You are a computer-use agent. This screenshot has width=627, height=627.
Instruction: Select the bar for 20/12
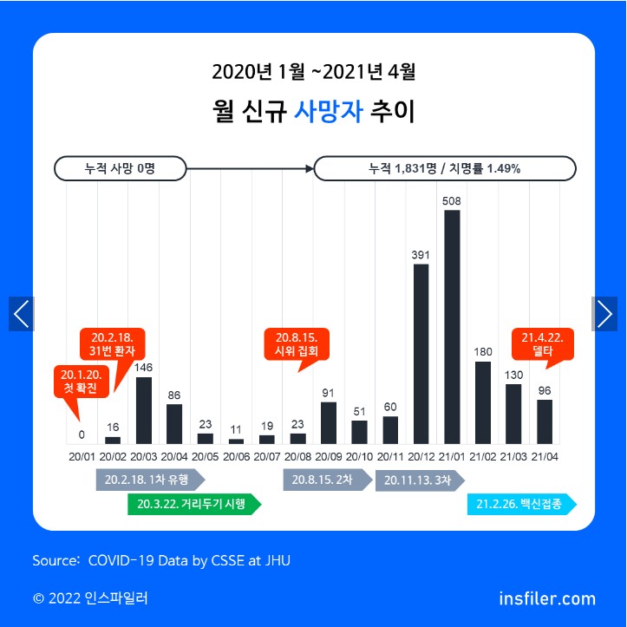(421, 354)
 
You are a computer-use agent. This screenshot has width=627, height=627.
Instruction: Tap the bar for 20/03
(144, 410)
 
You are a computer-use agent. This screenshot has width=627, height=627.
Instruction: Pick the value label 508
(452, 201)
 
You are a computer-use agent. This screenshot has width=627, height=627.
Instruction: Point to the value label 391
(421, 256)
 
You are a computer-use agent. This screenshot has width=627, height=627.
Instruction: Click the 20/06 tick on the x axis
(236, 455)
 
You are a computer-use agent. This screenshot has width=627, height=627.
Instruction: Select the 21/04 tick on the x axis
(544, 455)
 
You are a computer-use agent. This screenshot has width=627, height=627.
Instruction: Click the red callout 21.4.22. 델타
(542, 344)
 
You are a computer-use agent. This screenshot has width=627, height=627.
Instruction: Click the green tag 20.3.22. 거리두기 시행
(193, 505)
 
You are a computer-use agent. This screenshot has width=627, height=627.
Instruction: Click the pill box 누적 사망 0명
(121, 168)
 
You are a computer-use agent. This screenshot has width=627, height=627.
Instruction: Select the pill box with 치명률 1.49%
(444, 168)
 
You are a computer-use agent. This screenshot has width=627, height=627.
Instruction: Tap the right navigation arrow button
(604, 314)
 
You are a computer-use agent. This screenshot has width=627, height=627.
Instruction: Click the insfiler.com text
(547, 598)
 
